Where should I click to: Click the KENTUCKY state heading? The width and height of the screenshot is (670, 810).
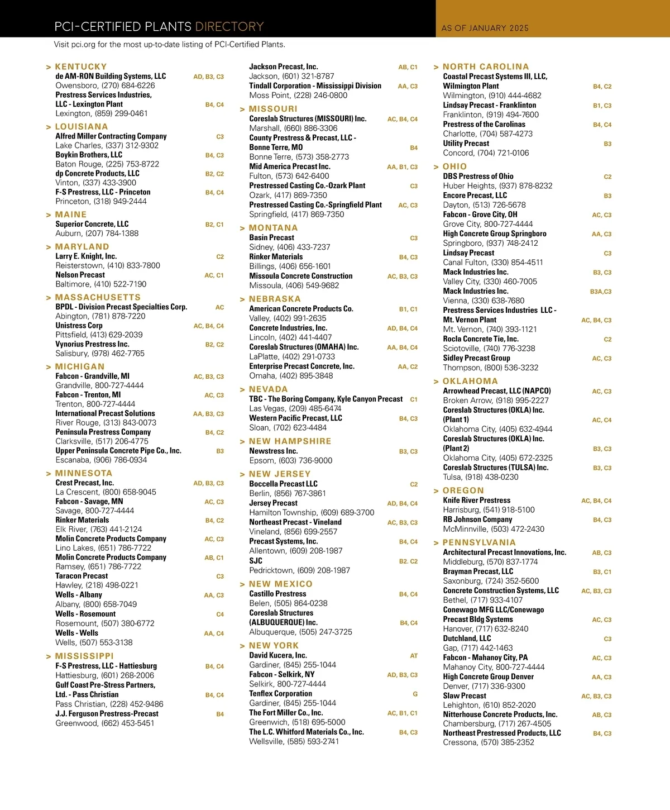[81, 66]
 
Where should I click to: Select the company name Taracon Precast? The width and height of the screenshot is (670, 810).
[82, 576]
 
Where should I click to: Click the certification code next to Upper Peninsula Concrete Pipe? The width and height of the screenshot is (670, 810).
[220, 451]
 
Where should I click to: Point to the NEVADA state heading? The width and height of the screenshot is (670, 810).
[268, 389]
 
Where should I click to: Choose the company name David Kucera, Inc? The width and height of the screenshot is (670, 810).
[277, 655]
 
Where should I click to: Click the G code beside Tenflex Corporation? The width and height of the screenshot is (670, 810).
[415, 694]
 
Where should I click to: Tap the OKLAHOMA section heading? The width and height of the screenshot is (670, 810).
[470, 382]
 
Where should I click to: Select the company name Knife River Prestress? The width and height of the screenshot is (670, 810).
[476, 501]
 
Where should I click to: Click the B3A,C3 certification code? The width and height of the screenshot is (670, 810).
[600, 292]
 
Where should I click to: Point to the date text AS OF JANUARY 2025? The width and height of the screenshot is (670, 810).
[485, 28]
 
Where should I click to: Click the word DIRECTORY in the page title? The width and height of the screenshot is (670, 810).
[229, 27]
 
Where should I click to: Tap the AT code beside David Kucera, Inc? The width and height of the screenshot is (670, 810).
[414, 656]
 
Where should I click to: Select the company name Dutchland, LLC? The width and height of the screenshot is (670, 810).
[467, 639]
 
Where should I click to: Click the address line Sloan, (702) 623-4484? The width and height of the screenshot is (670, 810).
[288, 428]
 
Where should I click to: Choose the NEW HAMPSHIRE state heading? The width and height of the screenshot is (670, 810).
[290, 441]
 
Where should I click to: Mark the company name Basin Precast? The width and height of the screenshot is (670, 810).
[271, 237]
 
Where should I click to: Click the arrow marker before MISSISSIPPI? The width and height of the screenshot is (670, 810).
[49, 656]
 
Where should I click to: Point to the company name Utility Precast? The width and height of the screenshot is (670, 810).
[466, 144]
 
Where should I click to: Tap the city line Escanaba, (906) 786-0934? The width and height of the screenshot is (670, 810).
[101, 460]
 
